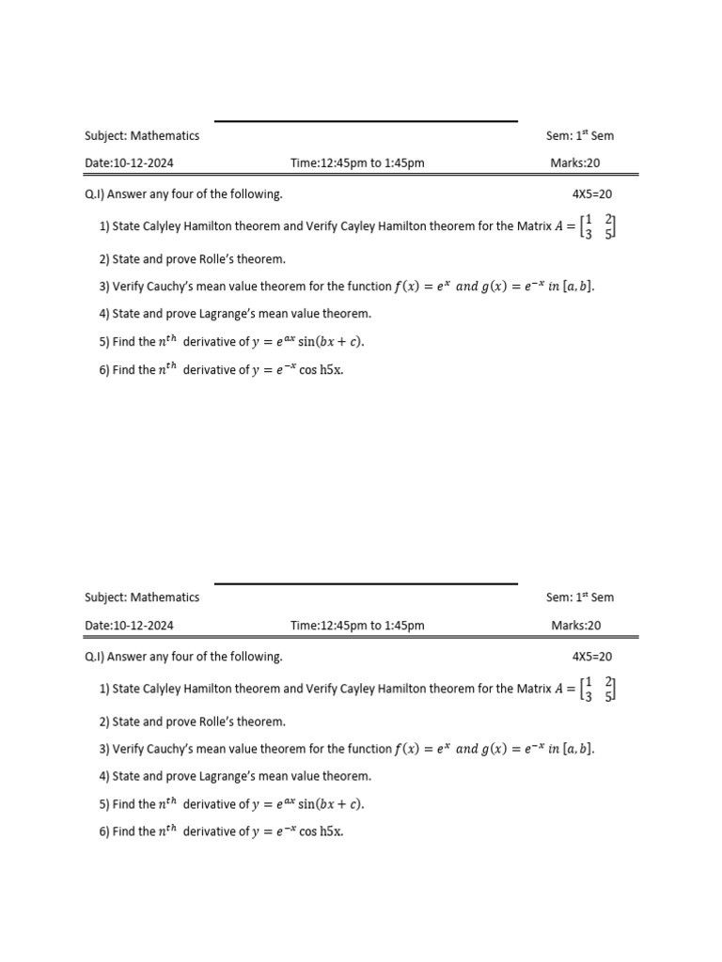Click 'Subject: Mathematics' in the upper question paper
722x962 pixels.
click(x=142, y=136)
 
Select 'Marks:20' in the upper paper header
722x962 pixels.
click(x=575, y=163)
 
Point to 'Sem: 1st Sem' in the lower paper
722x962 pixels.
click(x=580, y=597)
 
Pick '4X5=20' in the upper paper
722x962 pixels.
click(x=592, y=194)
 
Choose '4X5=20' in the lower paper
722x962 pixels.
click(x=592, y=657)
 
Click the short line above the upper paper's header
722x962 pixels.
click(x=366, y=121)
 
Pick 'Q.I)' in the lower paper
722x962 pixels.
click(x=94, y=657)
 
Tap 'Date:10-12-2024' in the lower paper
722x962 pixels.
click(x=129, y=626)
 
